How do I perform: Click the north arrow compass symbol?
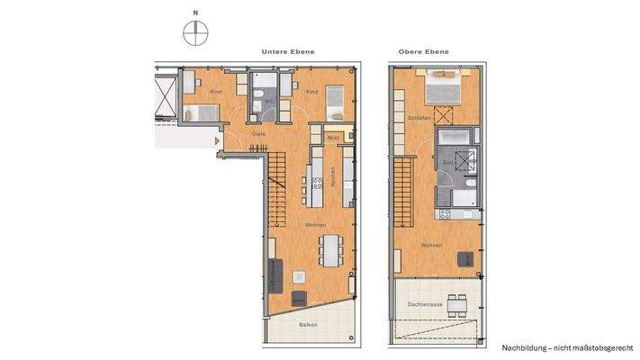click(194, 33)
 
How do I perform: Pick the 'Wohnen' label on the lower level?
click(315, 225)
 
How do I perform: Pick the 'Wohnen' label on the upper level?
click(431, 245)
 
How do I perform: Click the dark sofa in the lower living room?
click(275, 271)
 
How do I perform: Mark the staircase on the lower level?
click(275, 180)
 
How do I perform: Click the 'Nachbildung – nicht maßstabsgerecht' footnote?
click(566, 346)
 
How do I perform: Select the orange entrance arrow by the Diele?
click(215, 139)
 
